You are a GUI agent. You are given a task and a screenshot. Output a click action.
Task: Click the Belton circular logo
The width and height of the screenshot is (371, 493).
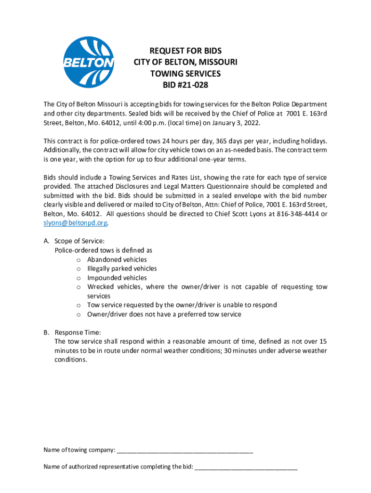click(89, 63)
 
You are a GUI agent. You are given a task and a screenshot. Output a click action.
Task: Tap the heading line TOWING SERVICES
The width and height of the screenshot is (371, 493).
click(185, 74)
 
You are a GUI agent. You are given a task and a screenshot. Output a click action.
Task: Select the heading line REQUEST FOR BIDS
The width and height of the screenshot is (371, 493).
click(185, 51)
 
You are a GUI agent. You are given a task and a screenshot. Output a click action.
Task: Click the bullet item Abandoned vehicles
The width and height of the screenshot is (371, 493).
click(117, 259)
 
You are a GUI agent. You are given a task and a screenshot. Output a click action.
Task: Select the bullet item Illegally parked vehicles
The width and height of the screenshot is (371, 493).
click(122, 269)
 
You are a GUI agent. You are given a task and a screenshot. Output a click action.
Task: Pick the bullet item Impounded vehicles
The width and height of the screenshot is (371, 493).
click(117, 278)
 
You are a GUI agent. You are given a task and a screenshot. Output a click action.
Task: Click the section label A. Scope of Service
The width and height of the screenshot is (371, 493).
click(74, 241)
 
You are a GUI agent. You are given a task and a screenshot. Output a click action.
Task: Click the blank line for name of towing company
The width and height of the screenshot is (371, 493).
click(185, 450)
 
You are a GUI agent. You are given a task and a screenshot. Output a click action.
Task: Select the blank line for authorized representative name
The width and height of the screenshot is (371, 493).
click(246, 467)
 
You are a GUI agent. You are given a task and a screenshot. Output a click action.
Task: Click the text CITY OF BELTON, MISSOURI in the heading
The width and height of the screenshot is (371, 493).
click(185, 63)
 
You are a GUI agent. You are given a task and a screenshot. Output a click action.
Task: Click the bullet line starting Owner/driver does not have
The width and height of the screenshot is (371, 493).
click(164, 314)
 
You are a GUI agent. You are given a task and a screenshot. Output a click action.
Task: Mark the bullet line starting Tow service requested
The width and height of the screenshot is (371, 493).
click(182, 305)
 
